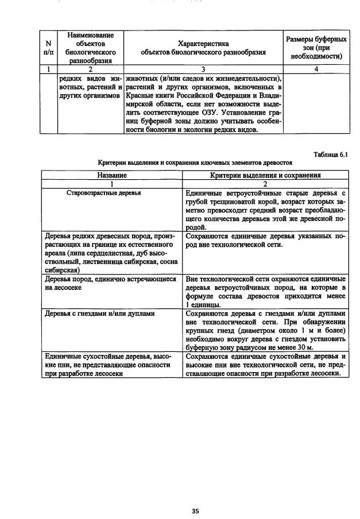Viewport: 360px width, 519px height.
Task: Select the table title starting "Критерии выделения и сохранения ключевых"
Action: tap(195, 164)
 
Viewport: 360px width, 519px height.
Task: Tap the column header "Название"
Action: tap(112, 175)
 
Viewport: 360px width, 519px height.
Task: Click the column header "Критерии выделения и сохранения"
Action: tap(265, 175)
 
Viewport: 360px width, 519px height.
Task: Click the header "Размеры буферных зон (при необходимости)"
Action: tap(316, 48)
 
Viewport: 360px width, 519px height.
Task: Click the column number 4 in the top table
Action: tap(316, 69)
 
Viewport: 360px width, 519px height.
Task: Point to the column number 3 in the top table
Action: tap(204, 69)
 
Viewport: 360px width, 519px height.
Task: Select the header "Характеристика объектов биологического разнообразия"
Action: tap(204, 48)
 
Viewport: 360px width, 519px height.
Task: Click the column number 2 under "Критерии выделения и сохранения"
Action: tap(265, 184)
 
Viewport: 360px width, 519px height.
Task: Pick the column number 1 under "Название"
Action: tap(112, 184)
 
